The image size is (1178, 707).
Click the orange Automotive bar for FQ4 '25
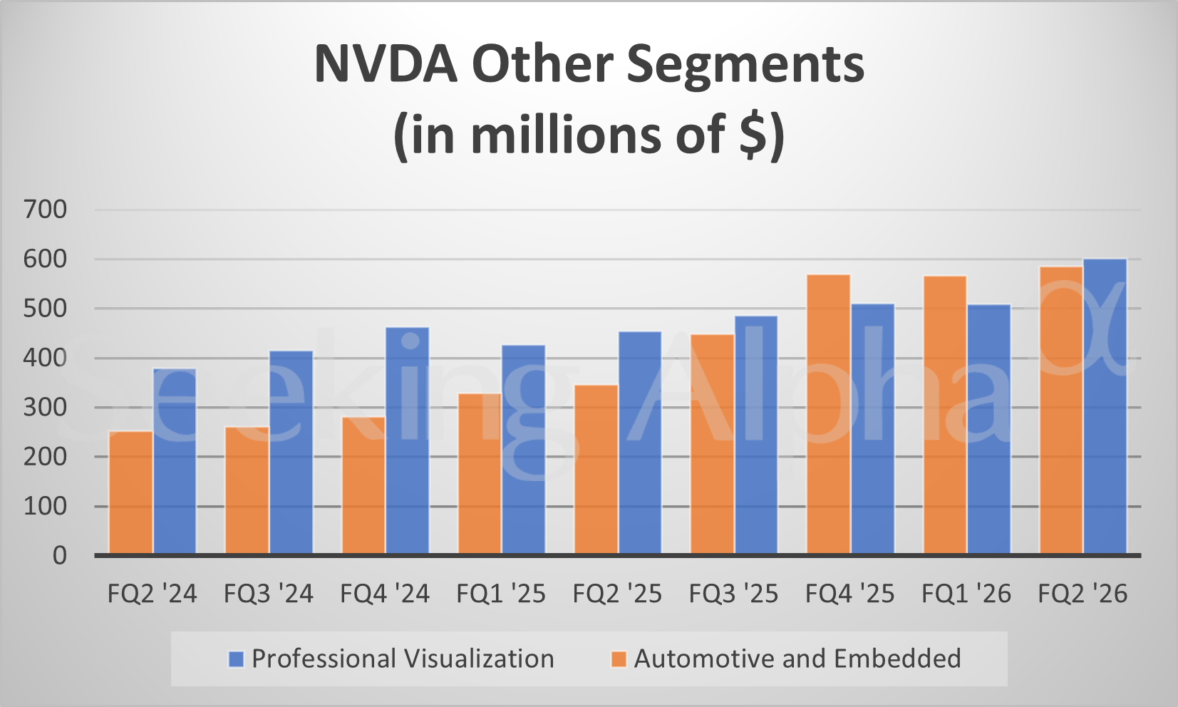tap(828, 413)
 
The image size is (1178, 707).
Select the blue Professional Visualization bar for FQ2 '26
tap(1105, 406)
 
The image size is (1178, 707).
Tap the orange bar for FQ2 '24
tap(130, 492)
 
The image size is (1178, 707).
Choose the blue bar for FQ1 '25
tap(523, 449)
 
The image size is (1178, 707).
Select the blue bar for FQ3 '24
tap(291, 452)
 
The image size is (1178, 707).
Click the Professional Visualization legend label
tap(403, 659)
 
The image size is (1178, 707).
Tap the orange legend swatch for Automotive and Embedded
tap(619, 659)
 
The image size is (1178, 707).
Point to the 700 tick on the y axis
tap(45, 210)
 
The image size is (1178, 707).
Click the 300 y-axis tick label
tap(45, 408)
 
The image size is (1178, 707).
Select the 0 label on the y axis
tap(60, 556)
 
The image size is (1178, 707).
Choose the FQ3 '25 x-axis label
tap(733, 594)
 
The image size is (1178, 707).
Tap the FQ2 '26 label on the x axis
tap(1083, 594)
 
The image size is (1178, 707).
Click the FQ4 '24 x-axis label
tap(385, 594)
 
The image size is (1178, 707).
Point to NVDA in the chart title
tap(386, 64)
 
